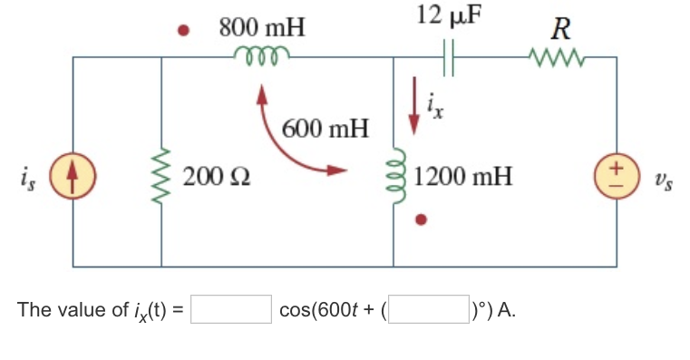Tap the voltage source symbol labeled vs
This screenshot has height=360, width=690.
[617, 173]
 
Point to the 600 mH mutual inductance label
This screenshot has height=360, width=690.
[326, 127]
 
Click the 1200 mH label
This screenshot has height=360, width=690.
[463, 175]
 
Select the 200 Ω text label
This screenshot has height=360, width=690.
[215, 175]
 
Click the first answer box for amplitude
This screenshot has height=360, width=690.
[230, 309]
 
